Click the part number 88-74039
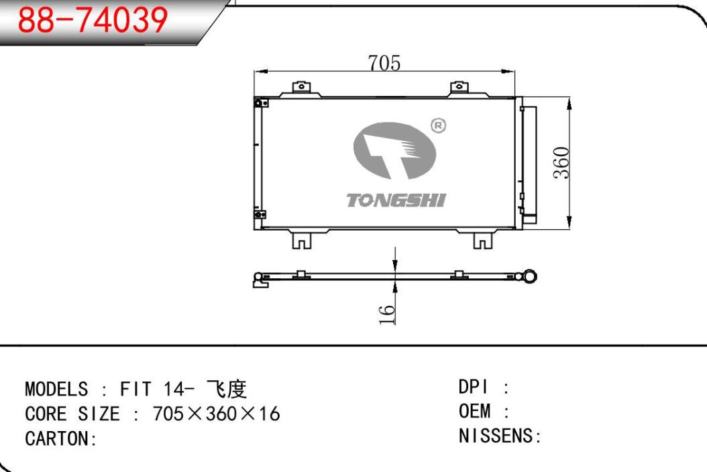tap(93, 20)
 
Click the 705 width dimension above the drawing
tap(384, 63)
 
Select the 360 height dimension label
tap(562, 163)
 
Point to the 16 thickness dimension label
tap(386, 314)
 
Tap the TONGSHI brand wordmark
tap(396, 200)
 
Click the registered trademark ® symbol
tap(438, 125)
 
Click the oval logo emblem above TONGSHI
tap(394, 151)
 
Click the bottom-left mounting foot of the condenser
tap(302, 240)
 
